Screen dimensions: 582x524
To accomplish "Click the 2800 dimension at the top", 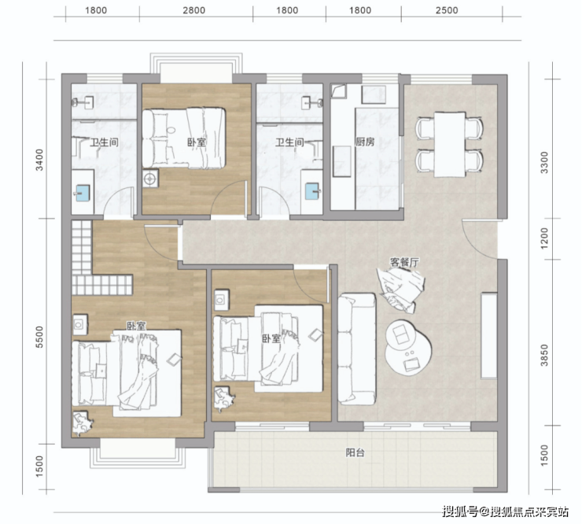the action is (x=193, y=10).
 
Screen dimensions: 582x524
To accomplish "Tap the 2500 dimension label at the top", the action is (x=447, y=10).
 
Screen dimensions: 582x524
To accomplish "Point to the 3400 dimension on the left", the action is (x=39, y=160).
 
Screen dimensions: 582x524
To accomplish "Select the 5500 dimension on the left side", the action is (x=39, y=338).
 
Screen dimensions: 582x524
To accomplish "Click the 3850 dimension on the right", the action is (x=544, y=355).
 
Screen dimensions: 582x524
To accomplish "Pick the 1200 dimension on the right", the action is (x=544, y=238).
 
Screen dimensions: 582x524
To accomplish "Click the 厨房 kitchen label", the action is (x=365, y=142).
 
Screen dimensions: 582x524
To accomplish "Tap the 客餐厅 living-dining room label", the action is (x=404, y=262).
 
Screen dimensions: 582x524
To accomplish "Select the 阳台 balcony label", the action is (x=355, y=452).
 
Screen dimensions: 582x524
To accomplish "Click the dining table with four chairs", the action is (x=450, y=145).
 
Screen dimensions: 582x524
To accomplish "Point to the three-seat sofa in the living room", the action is (x=357, y=349).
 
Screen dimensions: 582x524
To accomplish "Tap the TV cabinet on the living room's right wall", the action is (x=489, y=336).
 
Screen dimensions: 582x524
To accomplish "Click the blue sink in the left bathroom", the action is (x=83, y=193).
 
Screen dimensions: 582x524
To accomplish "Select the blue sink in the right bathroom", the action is (x=312, y=191).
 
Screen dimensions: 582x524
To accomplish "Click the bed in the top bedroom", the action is (x=184, y=138).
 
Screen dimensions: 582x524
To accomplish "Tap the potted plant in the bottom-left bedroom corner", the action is (x=83, y=423).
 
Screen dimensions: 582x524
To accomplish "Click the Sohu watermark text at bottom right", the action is (x=506, y=512).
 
